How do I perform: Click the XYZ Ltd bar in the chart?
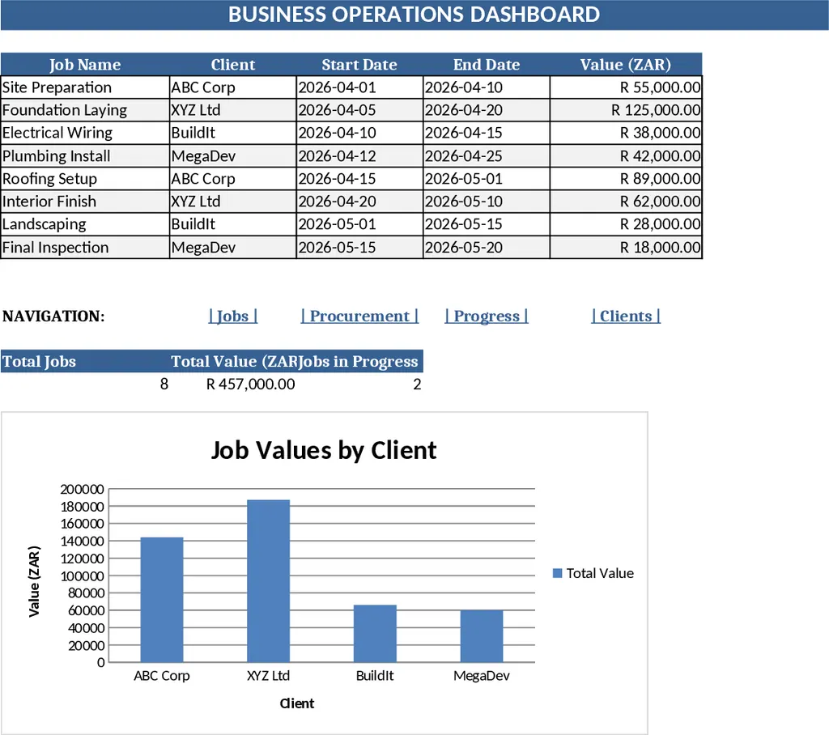coord(268,580)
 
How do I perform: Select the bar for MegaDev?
coord(481,635)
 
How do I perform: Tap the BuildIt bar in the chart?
coord(375,633)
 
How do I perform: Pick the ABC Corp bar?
coord(162,599)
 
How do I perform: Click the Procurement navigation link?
coord(359,316)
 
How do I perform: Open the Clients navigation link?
coord(626,316)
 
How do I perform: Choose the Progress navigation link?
coord(487,316)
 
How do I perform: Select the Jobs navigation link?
coord(233,316)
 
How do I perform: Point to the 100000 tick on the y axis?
coord(83,559)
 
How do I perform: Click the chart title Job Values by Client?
coord(324,450)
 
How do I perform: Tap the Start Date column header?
coord(359,65)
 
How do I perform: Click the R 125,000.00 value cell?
coord(657,110)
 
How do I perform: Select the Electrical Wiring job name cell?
coord(57,133)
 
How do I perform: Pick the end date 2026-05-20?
coord(464,248)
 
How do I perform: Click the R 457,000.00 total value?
coord(251,384)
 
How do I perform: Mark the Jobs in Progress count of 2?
coord(417,384)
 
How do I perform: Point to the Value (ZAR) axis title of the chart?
coord(34,580)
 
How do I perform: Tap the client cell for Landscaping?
coord(193,224)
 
